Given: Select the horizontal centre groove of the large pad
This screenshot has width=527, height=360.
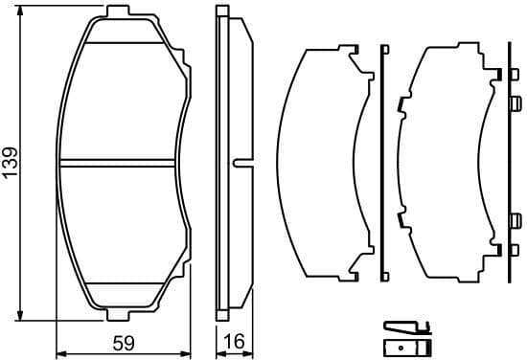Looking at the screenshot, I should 120,163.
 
